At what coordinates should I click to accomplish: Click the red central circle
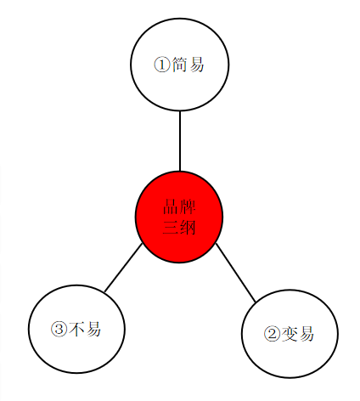(179, 217)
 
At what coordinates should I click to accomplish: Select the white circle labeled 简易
(180, 65)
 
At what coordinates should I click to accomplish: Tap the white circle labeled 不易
(76, 329)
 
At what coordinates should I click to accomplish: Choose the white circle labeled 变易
(290, 334)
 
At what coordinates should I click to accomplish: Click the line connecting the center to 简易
(180, 141)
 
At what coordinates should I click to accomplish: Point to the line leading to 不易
(123, 268)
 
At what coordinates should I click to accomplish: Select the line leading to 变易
(236, 273)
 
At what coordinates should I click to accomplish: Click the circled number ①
(162, 65)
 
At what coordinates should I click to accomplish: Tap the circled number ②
(272, 334)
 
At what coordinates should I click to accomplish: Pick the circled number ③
(59, 329)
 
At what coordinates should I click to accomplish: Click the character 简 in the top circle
(179, 65)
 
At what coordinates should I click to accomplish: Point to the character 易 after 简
(196, 65)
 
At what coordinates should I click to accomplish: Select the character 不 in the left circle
(76, 329)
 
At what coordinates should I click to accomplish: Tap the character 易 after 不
(93, 329)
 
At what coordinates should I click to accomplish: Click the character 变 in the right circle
(290, 334)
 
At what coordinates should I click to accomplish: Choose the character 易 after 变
(307, 334)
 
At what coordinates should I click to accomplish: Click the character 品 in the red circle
(171, 206)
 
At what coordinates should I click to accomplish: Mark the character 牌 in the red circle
(188, 206)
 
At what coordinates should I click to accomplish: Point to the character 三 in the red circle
(171, 227)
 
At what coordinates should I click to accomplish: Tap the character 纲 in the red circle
(188, 227)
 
